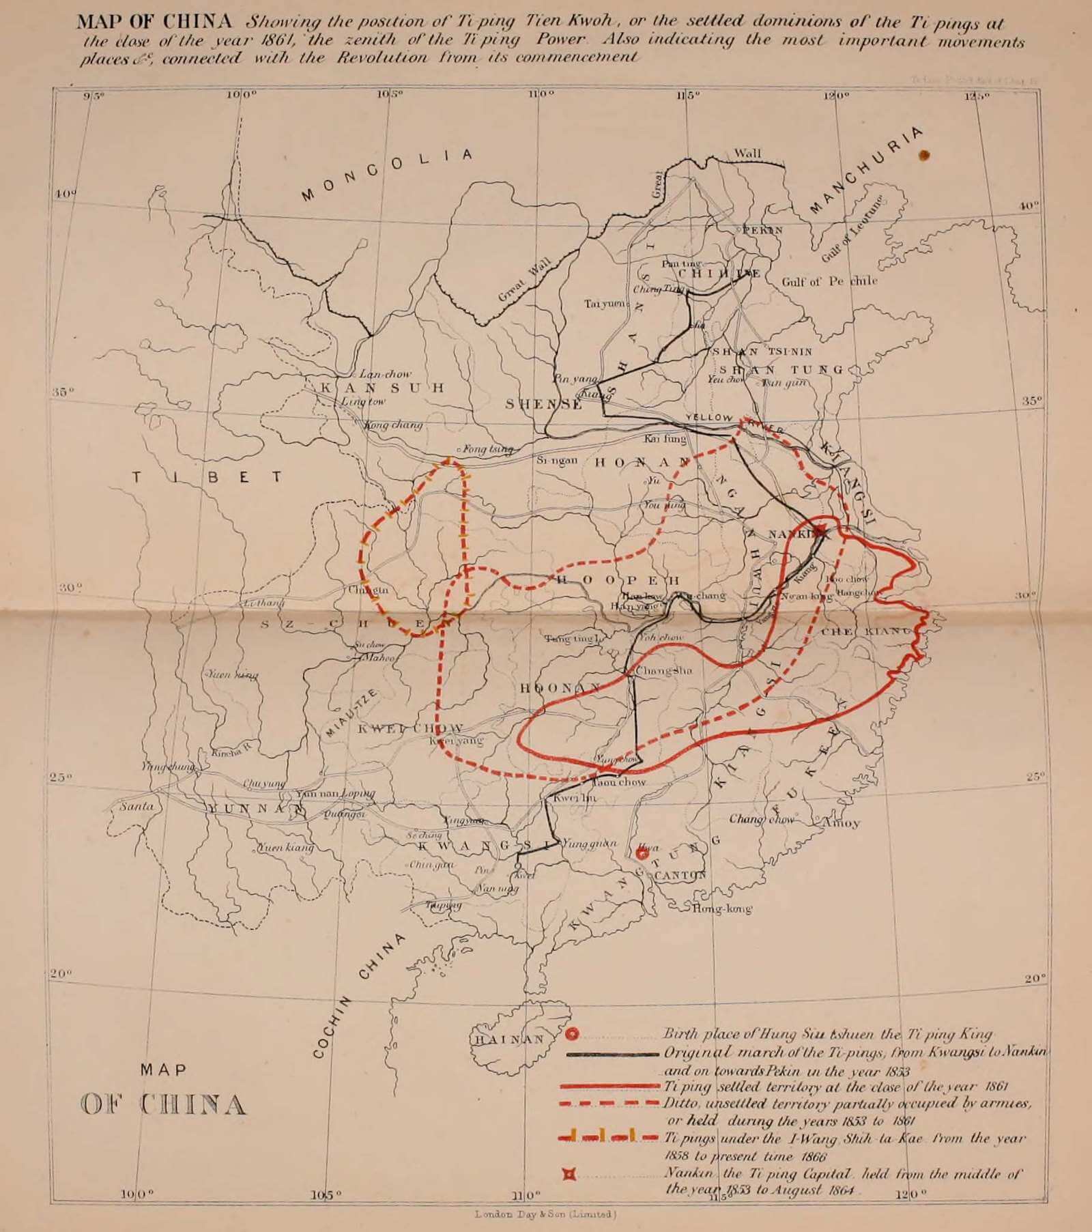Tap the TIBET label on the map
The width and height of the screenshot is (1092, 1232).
coord(208,476)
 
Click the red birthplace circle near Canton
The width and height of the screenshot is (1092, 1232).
coord(642,853)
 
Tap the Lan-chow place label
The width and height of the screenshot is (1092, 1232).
coord(386,374)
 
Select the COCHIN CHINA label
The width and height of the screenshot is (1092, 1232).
coord(358,997)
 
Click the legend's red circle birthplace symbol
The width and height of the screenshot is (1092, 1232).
coord(573,1035)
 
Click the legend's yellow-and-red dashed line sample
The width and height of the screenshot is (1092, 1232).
coord(607,1136)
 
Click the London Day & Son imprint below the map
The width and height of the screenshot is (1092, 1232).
coord(546,1214)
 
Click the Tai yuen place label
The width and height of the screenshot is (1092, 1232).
coord(603,303)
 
